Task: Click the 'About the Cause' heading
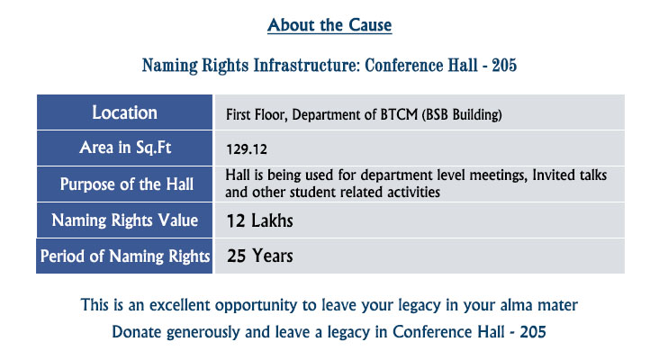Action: (x=329, y=25)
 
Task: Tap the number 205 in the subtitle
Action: (x=504, y=65)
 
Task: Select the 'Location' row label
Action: (x=125, y=112)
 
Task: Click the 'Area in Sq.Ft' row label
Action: (x=125, y=148)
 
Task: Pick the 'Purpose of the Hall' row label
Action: (x=127, y=184)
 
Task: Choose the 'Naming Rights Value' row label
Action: (x=125, y=220)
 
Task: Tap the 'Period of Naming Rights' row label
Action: (x=125, y=256)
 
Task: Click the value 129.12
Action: (x=247, y=149)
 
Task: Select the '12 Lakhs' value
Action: (x=260, y=220)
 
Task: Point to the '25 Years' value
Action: (x=260, y=256)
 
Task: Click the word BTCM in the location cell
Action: (x=399, y=114)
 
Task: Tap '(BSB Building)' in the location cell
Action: (x=462, y=114)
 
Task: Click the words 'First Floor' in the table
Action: (x=256, y=114)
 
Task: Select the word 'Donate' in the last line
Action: (x=137, y=332)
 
